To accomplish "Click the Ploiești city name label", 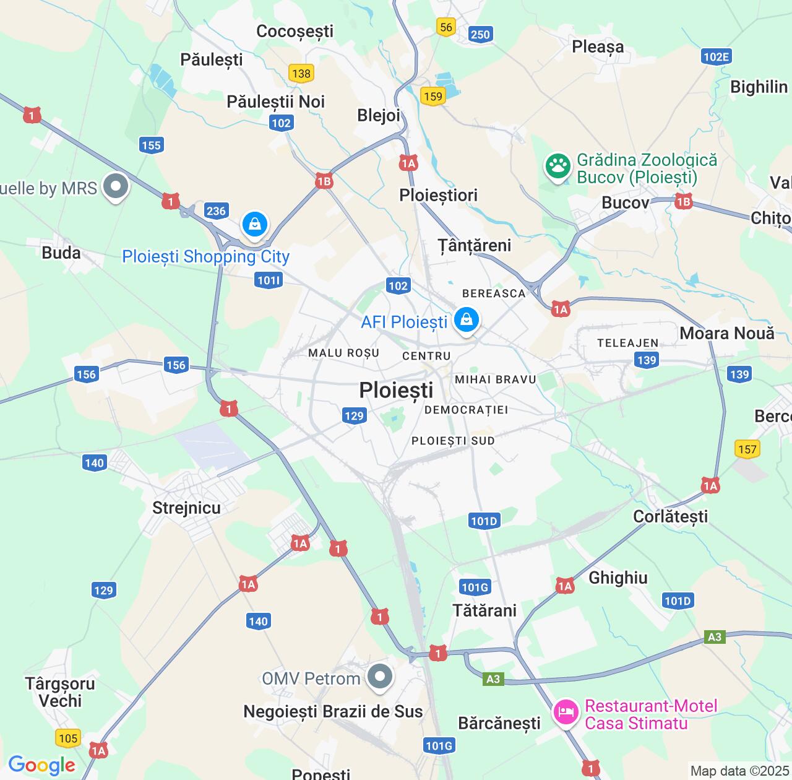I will [396, 390].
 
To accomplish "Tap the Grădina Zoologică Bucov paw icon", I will [557, 167].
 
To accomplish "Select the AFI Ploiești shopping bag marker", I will [467, 321].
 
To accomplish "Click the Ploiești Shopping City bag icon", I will [255, 224].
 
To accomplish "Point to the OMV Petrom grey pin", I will [380, 676].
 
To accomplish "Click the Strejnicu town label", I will [186, 508].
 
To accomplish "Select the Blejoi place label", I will [379, 115].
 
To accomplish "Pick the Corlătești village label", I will [670, 516].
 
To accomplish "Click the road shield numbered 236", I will [216, 210].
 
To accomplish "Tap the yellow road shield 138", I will [301, 73].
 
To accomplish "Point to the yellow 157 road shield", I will [747, 449].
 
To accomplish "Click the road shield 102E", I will [717, 57].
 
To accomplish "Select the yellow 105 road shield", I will [68, 738].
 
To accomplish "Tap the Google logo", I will [41, 765].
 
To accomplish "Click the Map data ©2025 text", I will [739, 771].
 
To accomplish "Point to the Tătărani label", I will [484, 610].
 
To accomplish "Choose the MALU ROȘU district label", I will [343, 353].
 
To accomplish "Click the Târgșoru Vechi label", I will [60, 692].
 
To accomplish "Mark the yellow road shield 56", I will [445, 27].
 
